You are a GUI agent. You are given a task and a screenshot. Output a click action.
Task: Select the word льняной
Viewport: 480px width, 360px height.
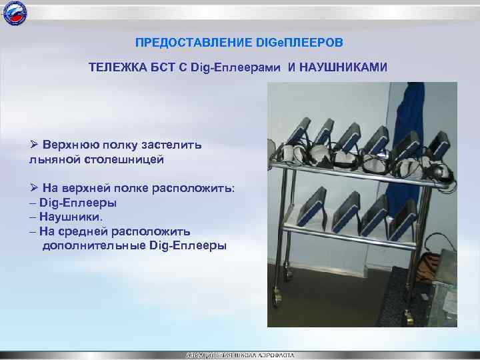pyautogui.click(x=52, y=159)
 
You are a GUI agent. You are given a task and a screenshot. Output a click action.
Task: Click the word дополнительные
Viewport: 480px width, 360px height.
pyautogui.click(x=95, y=245)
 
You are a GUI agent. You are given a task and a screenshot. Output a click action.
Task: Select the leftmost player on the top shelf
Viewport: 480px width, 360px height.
pyautogui.click(x=298, y=134)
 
